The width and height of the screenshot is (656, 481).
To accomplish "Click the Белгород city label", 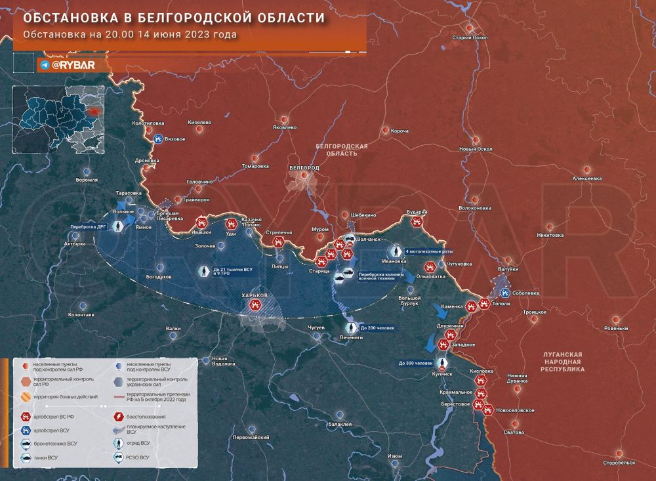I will coord(304,168).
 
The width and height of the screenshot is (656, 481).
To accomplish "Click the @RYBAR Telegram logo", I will coord(66,65).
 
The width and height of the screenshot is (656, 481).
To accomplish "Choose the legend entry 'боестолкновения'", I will coord(148,416).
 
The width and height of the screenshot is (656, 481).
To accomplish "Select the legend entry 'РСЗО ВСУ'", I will coord(138,457).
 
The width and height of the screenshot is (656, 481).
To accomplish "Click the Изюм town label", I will coord(395,456).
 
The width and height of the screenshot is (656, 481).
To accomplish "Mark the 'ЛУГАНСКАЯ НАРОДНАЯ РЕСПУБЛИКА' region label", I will coord(562,362).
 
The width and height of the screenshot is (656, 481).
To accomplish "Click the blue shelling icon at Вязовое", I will coord(158,138).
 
